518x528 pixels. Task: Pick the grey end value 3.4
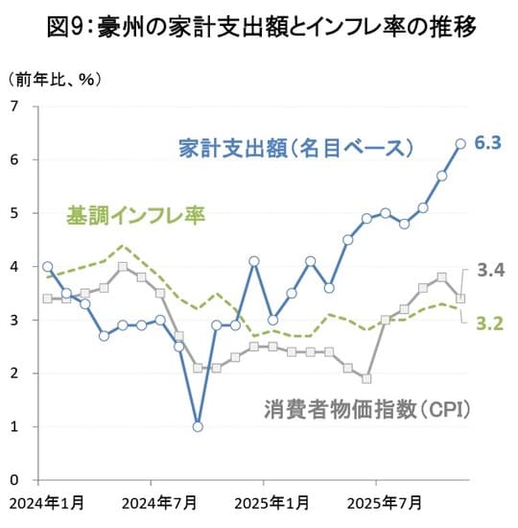tap(491, 270)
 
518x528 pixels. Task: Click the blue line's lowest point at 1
tap(198, 426)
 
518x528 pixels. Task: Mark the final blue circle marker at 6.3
tap(460, 143)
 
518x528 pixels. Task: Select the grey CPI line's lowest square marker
tap(366, 378)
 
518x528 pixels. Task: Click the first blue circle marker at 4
tap(48, 266)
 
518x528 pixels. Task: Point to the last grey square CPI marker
tap(460, 299)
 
